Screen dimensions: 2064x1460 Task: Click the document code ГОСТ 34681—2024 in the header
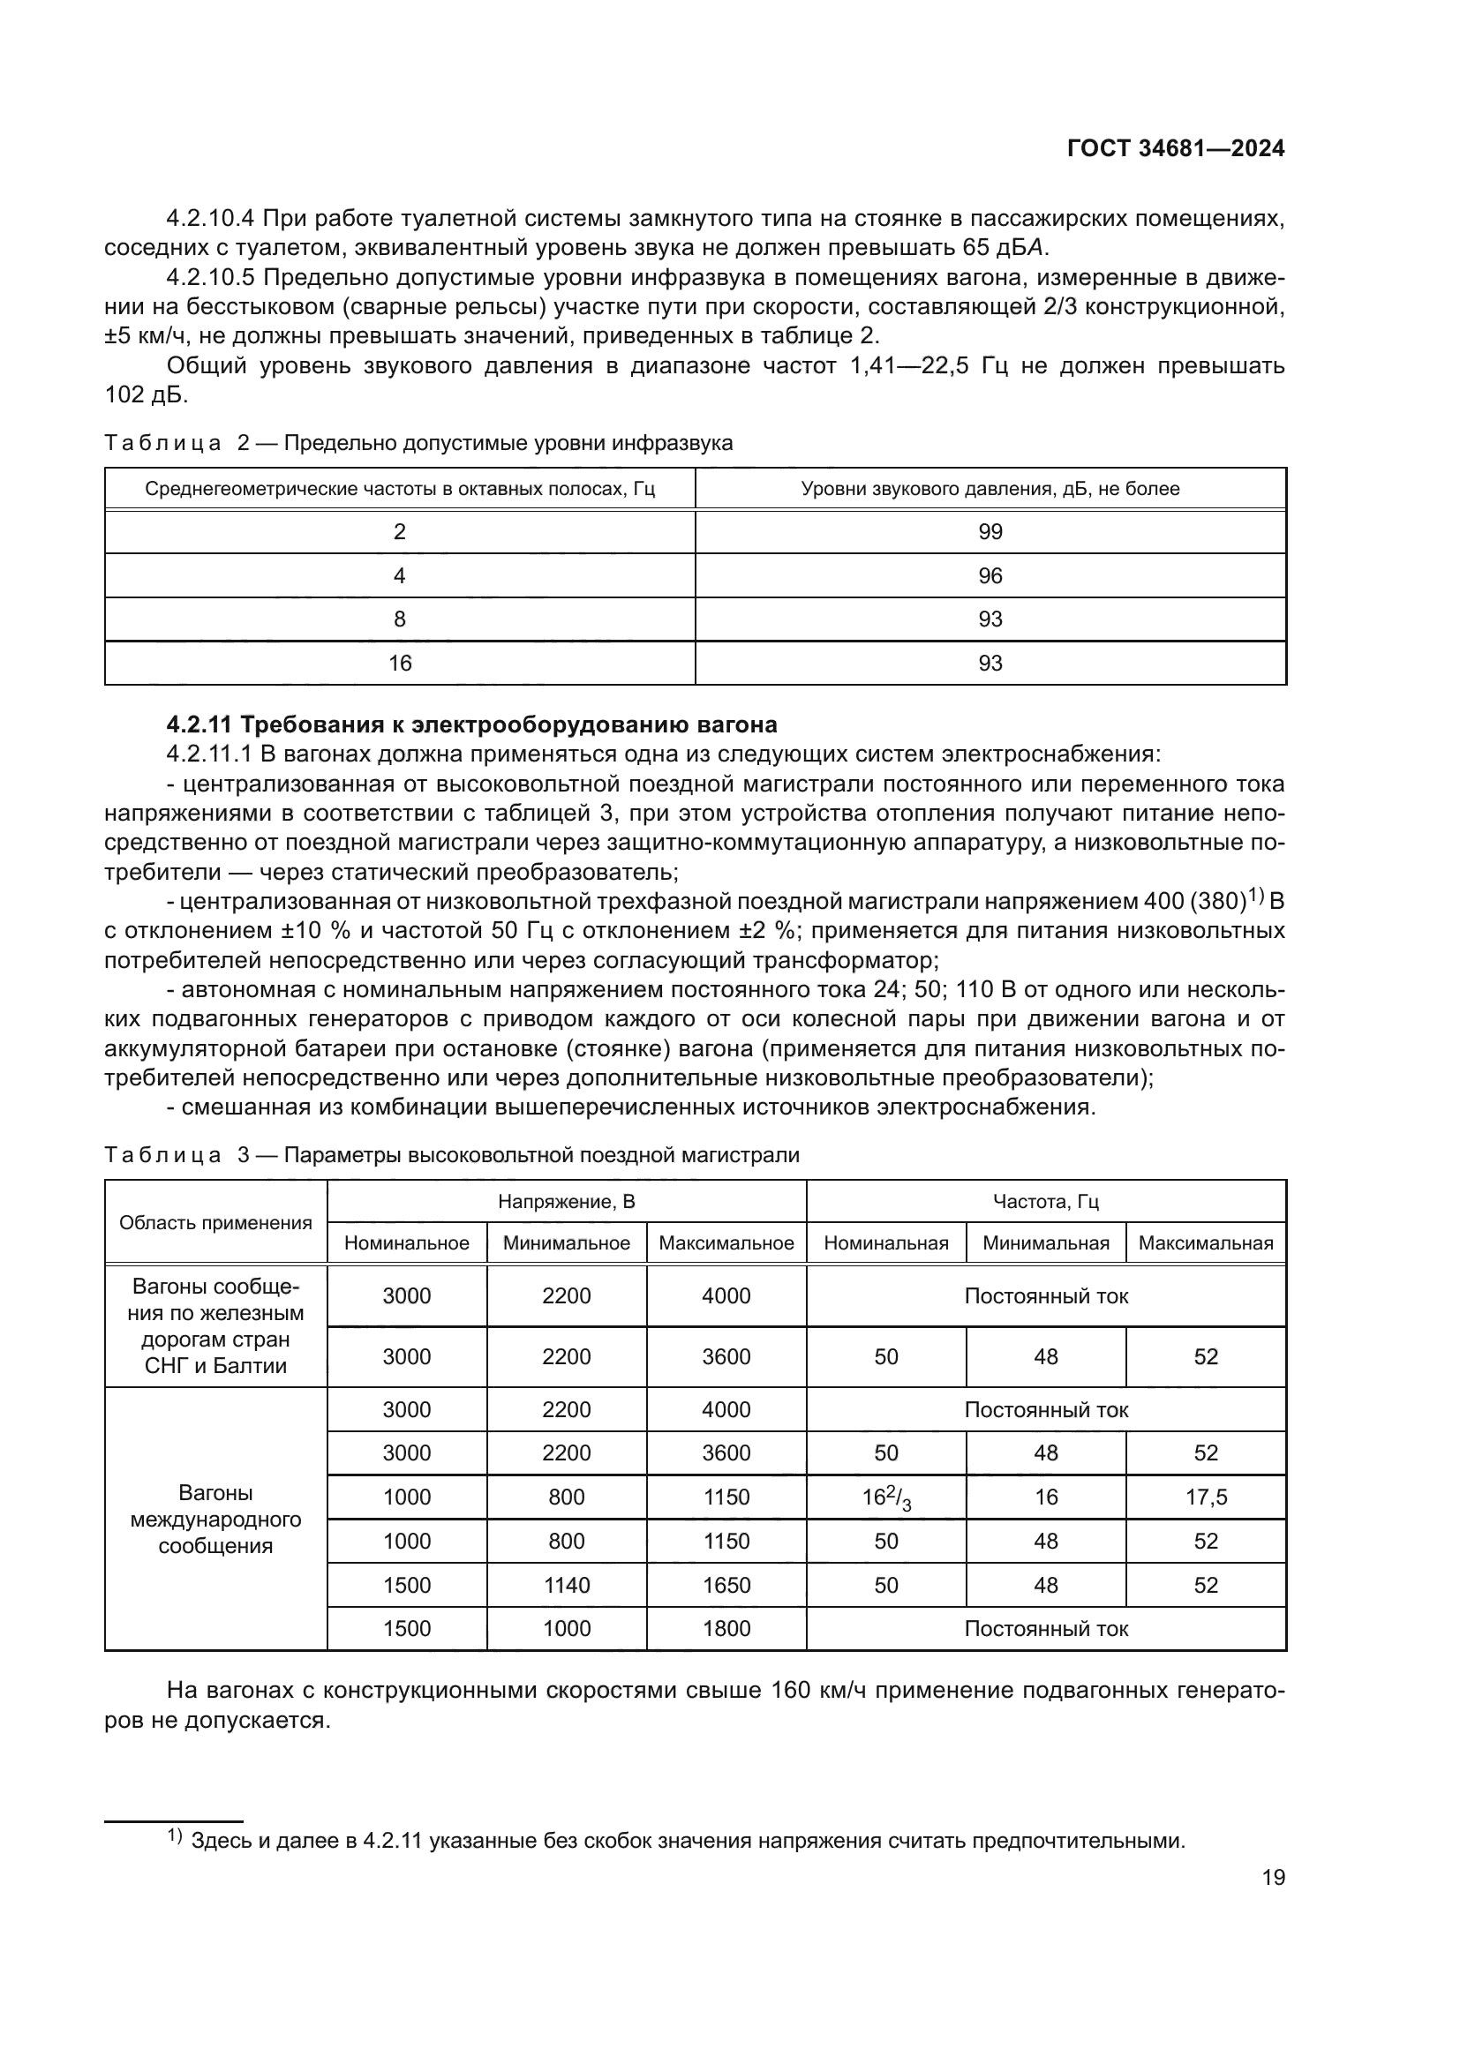pyautogui.click(x=1175, y=149)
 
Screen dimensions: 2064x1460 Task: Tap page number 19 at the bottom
pyautogui.click(x=1273, y=1878)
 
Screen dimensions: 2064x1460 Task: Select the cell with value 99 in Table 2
pyautogui.click(x=990, y=532)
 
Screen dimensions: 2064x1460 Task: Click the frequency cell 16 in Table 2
pyautogui.click(x=399, y=664)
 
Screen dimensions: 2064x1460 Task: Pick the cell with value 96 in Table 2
pyautogui.click(x=990, y=576)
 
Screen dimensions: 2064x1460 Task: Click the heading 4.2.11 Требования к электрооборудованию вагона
pyautogui.click(x=471, y=724)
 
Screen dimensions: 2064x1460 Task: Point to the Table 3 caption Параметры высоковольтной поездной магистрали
pyautogui.click(x=541, y=1155)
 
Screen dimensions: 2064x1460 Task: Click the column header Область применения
pyautogui.click(x=215, y=1222)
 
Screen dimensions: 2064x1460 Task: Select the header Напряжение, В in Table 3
pyautogui.click(x=567, y=1202)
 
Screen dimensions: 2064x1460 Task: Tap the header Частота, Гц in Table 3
pyautogui.click(x=1045, y=1202)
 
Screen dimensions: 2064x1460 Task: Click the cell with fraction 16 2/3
pyautogui.click(x=886, y=1497)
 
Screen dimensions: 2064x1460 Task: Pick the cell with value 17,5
pyautogui.click(x=1206, y=1497)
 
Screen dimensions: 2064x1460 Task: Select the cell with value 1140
pyautogui.click(x=567, y=1585)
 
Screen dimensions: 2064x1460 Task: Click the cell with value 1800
pyautogui.click(x=726, y=1629)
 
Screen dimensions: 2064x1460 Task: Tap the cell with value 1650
pyautogui.click(x=726, y=1585)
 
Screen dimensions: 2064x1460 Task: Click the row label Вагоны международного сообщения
pyautogui.click(x=215, y=1520)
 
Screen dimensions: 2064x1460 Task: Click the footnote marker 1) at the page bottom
pyautogui.click(x=175, y=1836)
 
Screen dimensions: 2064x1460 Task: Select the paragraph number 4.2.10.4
pyautogui.click(x=210, y=219)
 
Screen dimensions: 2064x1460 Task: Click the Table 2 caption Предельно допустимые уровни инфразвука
pyautogui.click(x=508, y=443)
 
